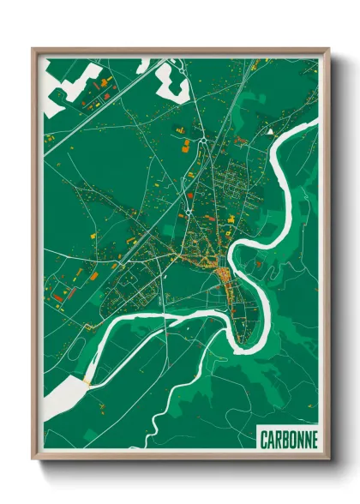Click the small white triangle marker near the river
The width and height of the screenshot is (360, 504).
(270, 132)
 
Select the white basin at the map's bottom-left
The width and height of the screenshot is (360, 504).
(64, 400)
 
